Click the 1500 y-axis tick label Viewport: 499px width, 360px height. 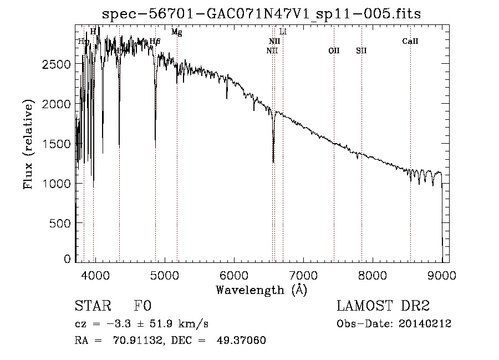(x=57, y=143)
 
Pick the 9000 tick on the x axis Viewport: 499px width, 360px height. (x=442, y=274)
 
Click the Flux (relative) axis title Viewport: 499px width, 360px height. (x=28, y=144)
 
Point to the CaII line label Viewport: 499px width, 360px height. (x=410, y=42)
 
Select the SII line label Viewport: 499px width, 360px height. (x=361, y=51)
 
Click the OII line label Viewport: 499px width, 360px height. (x=334, y=51)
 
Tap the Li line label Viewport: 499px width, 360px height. (x=283, y=32)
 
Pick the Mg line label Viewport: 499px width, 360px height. (x=176, y=32)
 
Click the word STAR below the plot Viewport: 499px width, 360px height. (x=92, y=306)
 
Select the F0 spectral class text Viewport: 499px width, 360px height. (x=142, y=306)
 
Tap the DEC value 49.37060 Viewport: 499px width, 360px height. (x=243, y=341)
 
